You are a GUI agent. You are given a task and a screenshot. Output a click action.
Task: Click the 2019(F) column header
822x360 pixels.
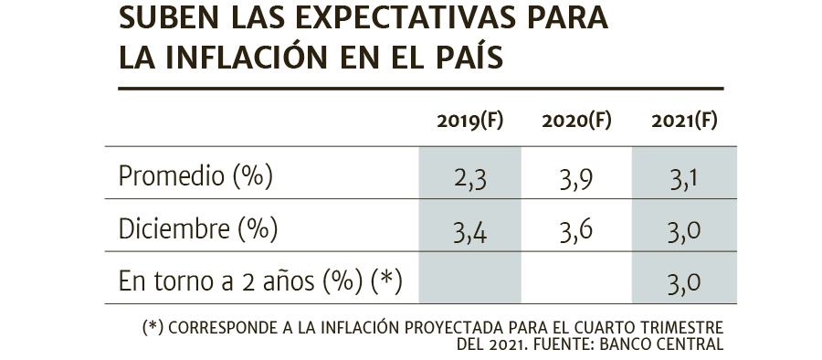coord(469,122)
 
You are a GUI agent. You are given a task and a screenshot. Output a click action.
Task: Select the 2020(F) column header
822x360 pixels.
coord(576,122)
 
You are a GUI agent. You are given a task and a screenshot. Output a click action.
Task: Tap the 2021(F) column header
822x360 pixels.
coord(684,122)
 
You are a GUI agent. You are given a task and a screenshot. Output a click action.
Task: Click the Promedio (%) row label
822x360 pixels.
coord(195,175)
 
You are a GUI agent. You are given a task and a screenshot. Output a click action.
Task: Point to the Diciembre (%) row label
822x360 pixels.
coord(198,228)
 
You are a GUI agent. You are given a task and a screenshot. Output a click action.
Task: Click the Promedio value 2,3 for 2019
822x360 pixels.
coord(470,179)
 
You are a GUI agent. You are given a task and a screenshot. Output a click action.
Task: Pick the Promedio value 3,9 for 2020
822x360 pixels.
coord(576,179)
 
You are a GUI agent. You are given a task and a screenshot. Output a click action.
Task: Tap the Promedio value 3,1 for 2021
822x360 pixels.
coord(683,179)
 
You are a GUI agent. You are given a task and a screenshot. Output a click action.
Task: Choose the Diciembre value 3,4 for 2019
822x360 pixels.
coord(470,232)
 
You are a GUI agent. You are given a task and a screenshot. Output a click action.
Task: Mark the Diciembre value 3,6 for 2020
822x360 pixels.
coord(576,232)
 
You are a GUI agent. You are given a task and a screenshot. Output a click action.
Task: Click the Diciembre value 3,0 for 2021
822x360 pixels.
coord(684,232)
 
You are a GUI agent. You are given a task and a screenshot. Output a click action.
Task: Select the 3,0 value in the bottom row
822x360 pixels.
coord(684,284)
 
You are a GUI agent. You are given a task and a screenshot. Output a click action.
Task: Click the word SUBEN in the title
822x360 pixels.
coord(169,18)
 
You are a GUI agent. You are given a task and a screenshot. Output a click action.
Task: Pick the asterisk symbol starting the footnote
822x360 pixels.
coord(153,326)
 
